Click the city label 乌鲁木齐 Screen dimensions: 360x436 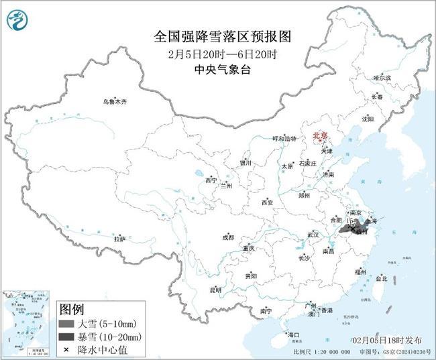(114, 101)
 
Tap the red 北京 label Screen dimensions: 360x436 (319, 135)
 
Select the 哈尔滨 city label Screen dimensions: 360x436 (382, 78)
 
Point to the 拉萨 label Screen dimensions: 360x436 (119, 238)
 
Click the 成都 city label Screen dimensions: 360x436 (228, 237)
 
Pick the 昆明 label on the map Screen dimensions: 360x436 (215, 290)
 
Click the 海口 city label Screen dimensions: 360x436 (292, 334)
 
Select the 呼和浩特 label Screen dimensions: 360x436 (283, 138)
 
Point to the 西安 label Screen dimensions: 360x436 (268, 202)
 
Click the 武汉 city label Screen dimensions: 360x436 (313, 235)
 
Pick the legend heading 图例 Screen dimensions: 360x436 (72, 309)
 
